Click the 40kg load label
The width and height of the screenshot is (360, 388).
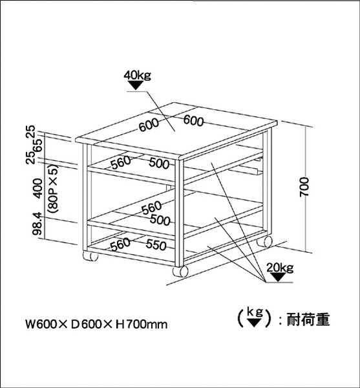(138, 75)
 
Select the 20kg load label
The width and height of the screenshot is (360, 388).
(280, 268)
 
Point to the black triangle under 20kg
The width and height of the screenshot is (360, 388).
(279, 277)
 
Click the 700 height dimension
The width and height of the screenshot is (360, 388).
(304, 187)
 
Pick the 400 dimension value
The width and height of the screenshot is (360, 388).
(37, 188)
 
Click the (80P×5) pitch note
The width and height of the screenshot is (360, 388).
(52, 189)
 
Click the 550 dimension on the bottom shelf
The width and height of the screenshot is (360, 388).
(156, 244)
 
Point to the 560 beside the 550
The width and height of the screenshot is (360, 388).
(120, 244)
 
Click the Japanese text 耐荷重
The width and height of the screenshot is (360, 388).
(308, 320)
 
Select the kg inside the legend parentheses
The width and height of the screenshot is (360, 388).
(255, 313)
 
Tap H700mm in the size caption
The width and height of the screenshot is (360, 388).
(142, 324)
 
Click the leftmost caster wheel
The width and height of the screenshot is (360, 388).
(90, 256)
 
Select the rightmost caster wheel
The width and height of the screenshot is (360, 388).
(264, 241)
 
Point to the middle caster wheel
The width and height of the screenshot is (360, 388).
(180, 272)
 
